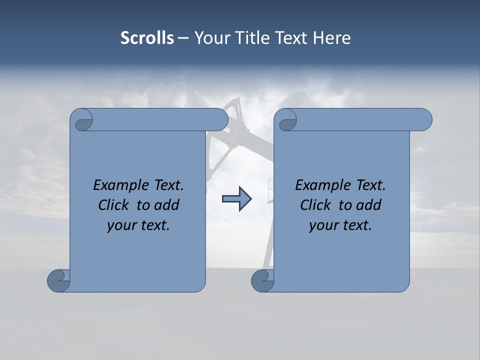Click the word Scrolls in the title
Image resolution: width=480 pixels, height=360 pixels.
coord(147,38)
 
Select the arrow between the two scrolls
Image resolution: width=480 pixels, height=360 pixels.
coord(236,199)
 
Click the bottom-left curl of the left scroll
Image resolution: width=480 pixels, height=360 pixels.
coord(59,280)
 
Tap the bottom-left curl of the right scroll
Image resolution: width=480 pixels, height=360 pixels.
coord(262,280)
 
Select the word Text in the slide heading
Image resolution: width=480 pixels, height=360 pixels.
coord(291,38)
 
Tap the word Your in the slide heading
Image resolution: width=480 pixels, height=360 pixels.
coord(210,38)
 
